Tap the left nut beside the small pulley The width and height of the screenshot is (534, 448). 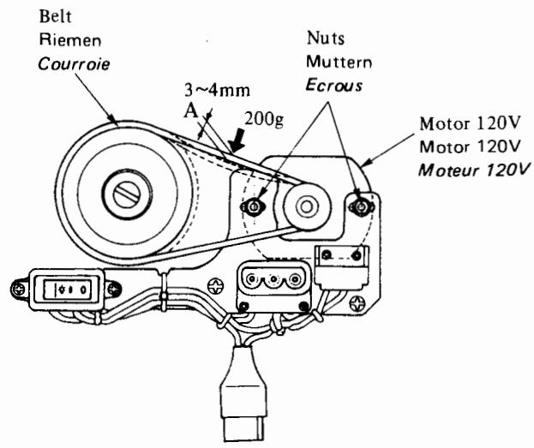(x=255, y=206)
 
